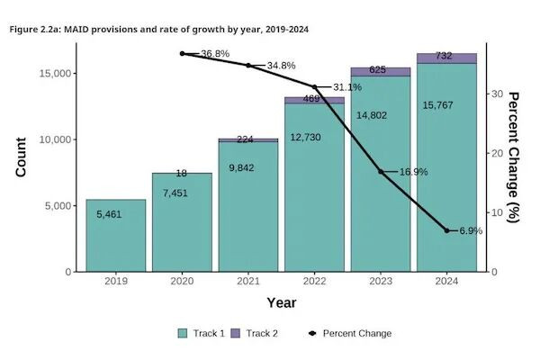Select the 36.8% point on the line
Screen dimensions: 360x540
click(182, 54)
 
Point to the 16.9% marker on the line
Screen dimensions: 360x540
click(381, 171)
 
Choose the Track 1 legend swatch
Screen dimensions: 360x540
click(183, 333)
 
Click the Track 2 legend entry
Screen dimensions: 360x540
click(256, 333)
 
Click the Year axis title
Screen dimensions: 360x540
click(281, 303)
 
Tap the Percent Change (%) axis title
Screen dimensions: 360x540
click(513, 157)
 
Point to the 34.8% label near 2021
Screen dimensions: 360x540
click(282, 66)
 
